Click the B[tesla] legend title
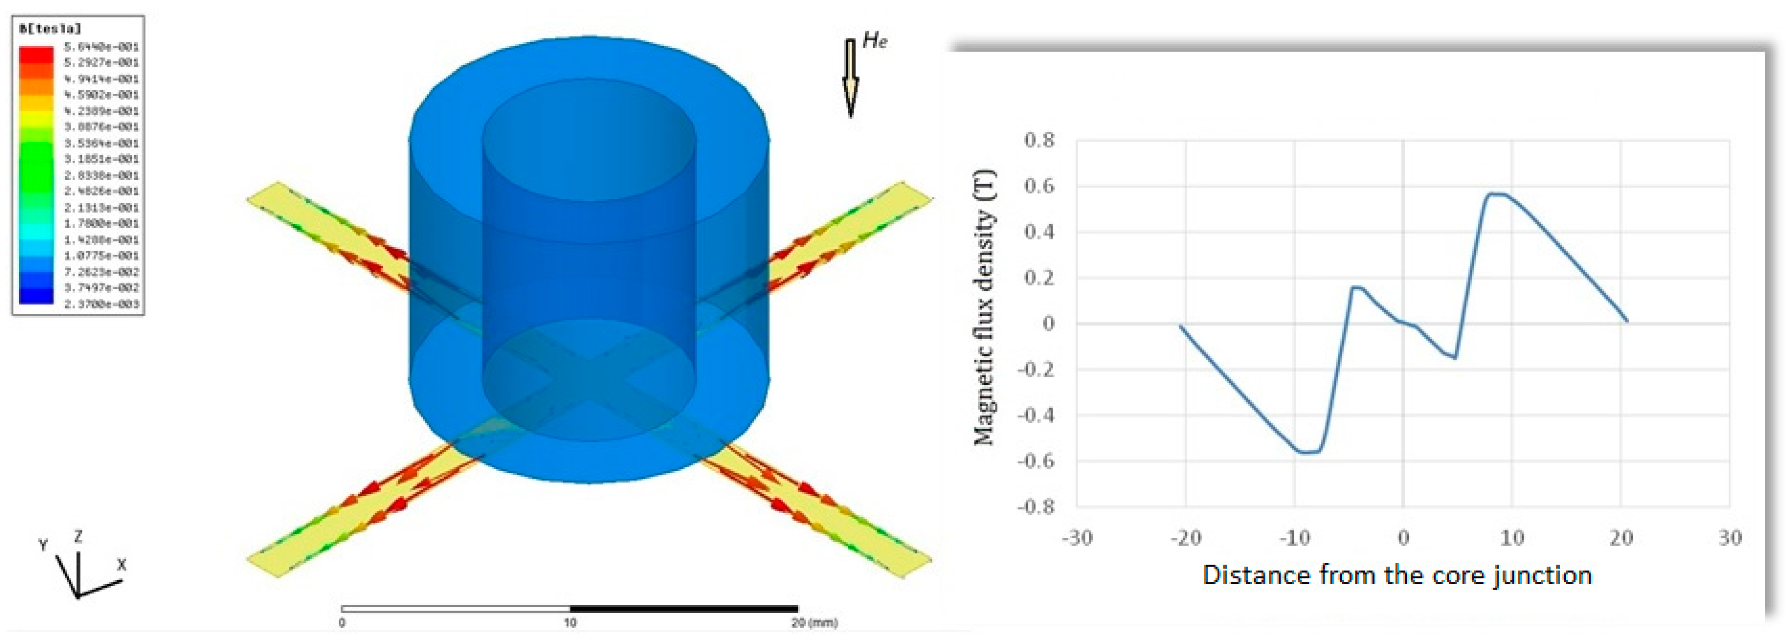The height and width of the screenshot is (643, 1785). point(50,29)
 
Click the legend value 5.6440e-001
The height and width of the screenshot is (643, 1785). point(101,47)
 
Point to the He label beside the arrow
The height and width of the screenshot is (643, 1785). point(875,41)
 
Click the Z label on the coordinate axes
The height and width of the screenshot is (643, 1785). point(78,536)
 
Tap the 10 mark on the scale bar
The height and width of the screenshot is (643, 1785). point(570,623)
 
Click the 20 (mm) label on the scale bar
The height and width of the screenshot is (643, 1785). point(814,623)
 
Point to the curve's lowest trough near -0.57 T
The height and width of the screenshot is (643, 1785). point(1306,452)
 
